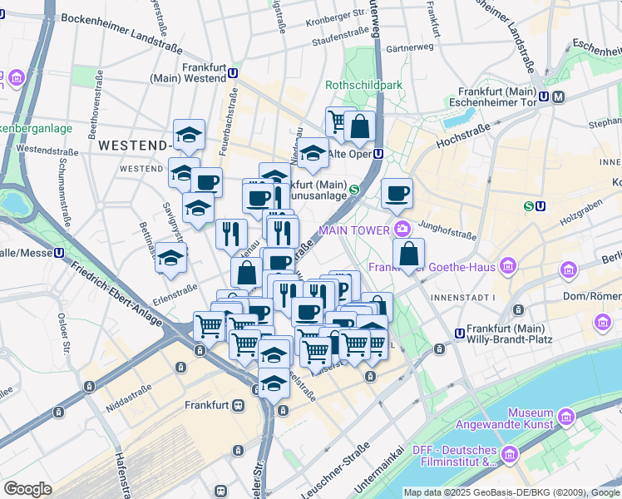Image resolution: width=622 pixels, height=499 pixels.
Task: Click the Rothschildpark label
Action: tap(363, 85)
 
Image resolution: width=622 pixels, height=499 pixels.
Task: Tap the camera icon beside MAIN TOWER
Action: tap(402, 229)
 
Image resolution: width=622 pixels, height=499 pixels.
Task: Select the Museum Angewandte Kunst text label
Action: tap(531, 418)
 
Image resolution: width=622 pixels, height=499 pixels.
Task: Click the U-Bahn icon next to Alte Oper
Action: tap(378, 154)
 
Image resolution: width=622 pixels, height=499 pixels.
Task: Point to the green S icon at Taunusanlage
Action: tap(354, 190)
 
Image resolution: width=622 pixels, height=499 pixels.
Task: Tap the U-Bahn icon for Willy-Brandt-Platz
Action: tap(458, 333)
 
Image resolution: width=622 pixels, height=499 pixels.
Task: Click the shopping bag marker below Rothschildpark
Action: tap(359, 128)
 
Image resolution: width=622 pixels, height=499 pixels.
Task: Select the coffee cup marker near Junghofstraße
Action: tap(397, 194)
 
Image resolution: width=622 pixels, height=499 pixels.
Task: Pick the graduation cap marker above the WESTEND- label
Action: tap(190, 136)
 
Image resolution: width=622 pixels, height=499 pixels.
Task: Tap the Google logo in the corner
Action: tap(27, 489)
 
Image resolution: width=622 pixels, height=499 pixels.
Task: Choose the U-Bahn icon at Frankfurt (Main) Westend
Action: tap(234, 73)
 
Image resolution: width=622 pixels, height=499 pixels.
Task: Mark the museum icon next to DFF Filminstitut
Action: tap(509, 454)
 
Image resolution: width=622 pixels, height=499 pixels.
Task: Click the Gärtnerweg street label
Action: tap(409, 47)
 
